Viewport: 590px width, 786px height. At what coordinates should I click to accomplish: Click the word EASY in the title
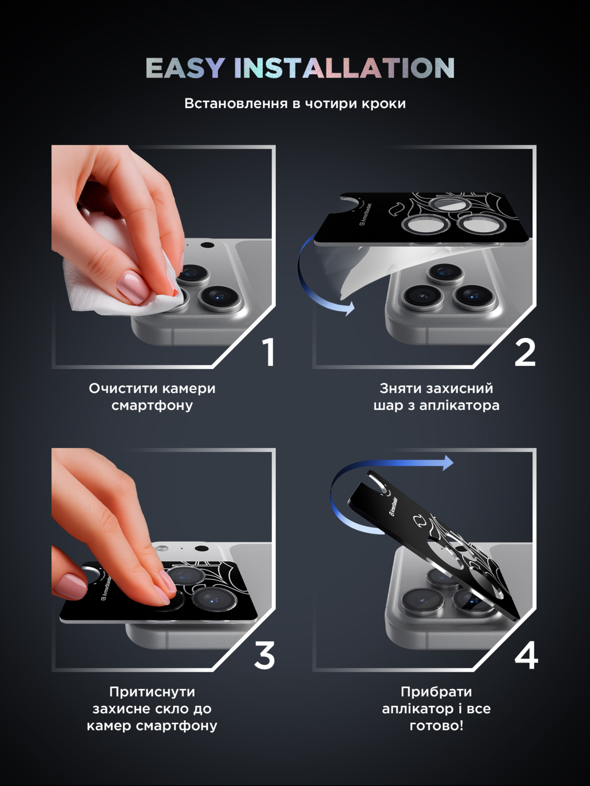pyautogui.click(x=185, y=68)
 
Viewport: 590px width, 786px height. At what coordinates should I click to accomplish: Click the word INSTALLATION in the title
pyautogui.click(x=344, y=68)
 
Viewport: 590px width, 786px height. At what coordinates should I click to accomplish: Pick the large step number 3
pyautogui.click(x=265, y=656)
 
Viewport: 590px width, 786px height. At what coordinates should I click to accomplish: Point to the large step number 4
pyautogui.click(x=526, y=656)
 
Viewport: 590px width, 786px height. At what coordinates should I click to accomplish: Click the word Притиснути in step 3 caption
pyautogui.click(x=152, y=692)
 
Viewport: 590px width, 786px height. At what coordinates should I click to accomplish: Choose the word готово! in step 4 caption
pyautogui.click(x=436, y=726)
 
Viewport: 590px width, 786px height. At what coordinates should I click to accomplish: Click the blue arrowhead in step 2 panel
pyautogui.click(x=348, y=308)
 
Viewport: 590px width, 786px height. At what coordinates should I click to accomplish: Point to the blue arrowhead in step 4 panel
pyautogui.click(x=448, y=462)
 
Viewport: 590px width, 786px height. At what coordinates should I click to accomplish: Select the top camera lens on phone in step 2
pyautogui.click(x=445, y=273)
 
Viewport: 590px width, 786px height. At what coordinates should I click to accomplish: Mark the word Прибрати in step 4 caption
pyautogui.click(x=436, y=692)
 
